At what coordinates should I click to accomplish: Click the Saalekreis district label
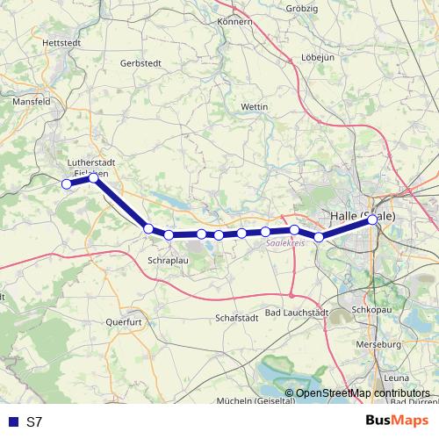pos(285,245)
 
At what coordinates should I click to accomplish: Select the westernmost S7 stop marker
pos(66,184)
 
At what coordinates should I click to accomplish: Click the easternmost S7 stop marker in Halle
pos(373,219)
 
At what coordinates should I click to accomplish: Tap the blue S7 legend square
pos(11,422)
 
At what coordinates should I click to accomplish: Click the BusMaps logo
pos(399,421)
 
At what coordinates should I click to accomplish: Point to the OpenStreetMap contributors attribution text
pos(362,392)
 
